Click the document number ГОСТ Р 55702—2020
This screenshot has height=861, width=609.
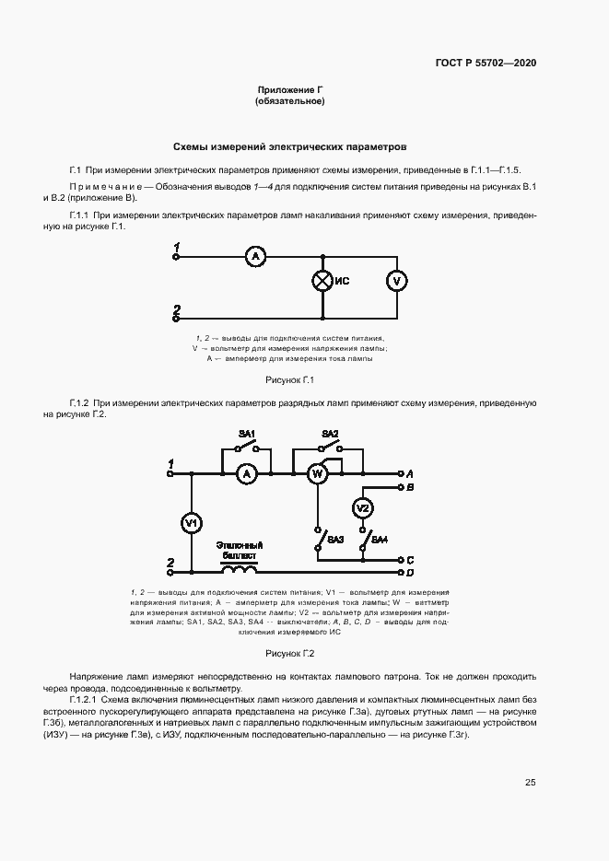[x=486, y=64]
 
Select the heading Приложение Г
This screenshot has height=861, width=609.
[x=290, y=90]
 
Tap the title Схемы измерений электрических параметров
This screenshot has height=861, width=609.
[x=290, y=146]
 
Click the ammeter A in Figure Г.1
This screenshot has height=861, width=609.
[x=254, y=257]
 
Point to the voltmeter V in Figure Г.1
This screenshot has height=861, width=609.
[x=396, y=281]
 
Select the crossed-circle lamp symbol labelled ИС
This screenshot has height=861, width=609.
[x=322, y=281]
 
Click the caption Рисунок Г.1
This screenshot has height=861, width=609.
[x=290, y=379]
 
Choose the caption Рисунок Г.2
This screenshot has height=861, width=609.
[x=290, y=654]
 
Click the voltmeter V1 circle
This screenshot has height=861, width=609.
[x=192, y=523]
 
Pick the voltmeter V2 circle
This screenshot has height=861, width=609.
[x=363, y=508]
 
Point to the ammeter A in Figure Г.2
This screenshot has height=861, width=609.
[x=245, y=473]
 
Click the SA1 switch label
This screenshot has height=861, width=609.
[x=247, y=433]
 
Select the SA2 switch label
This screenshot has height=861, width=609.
[x=330, y=433]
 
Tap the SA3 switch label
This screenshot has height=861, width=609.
[x=335, y=540]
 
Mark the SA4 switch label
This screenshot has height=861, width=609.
[x=380, y=538]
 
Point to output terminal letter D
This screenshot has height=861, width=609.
[x=410, y=572]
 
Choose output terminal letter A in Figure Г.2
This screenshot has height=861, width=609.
[x=410, y=472]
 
